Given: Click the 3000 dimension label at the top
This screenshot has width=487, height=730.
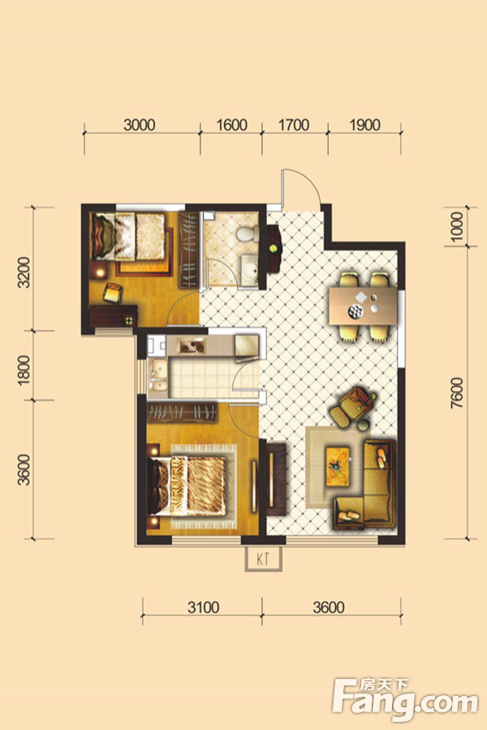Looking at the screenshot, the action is point(140,125).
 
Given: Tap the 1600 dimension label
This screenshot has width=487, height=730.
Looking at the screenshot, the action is point(231,125).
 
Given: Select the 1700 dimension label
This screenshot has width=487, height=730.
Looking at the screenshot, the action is point(294,125).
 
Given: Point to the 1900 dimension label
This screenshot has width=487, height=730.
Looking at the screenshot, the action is point(364,125).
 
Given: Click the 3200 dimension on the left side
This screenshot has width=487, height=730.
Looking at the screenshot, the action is point(24,273).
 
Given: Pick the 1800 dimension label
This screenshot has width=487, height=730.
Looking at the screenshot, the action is point(24,370).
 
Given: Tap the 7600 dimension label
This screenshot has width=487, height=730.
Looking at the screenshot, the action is point(458,393).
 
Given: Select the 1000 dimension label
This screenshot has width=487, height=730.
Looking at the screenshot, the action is point(458,226).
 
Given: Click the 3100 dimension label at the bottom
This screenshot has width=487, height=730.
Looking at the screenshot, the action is point(204,607).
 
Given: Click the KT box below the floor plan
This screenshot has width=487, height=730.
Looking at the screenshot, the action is point(264,559).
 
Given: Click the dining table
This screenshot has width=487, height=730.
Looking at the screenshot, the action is point(363,306).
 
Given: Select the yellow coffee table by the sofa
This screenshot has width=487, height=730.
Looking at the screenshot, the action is point(338,466).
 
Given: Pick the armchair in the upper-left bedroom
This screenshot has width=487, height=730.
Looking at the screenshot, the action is point(112,292).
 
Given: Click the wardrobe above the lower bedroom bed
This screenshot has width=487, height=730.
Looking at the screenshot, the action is point(182,413).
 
